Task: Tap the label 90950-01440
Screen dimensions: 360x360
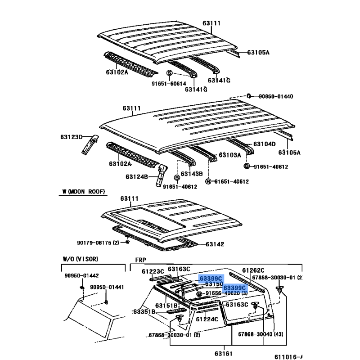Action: pos(275,96)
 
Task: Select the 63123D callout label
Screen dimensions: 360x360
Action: pos(71,136)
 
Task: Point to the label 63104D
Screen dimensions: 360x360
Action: pos(264,144)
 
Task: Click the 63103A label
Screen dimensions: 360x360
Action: pos(230,155)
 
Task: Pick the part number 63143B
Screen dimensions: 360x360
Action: pos(192,174)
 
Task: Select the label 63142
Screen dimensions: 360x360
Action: pos(215,244)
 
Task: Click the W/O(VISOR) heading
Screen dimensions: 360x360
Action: pos(80,259)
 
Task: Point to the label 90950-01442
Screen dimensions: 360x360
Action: pos(80,276)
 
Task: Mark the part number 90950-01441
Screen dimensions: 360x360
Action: pos(106,287)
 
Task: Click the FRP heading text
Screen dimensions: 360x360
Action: pos(139,260)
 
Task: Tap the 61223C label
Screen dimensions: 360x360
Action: pos(153,271)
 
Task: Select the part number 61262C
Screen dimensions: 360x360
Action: pos(253,271)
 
